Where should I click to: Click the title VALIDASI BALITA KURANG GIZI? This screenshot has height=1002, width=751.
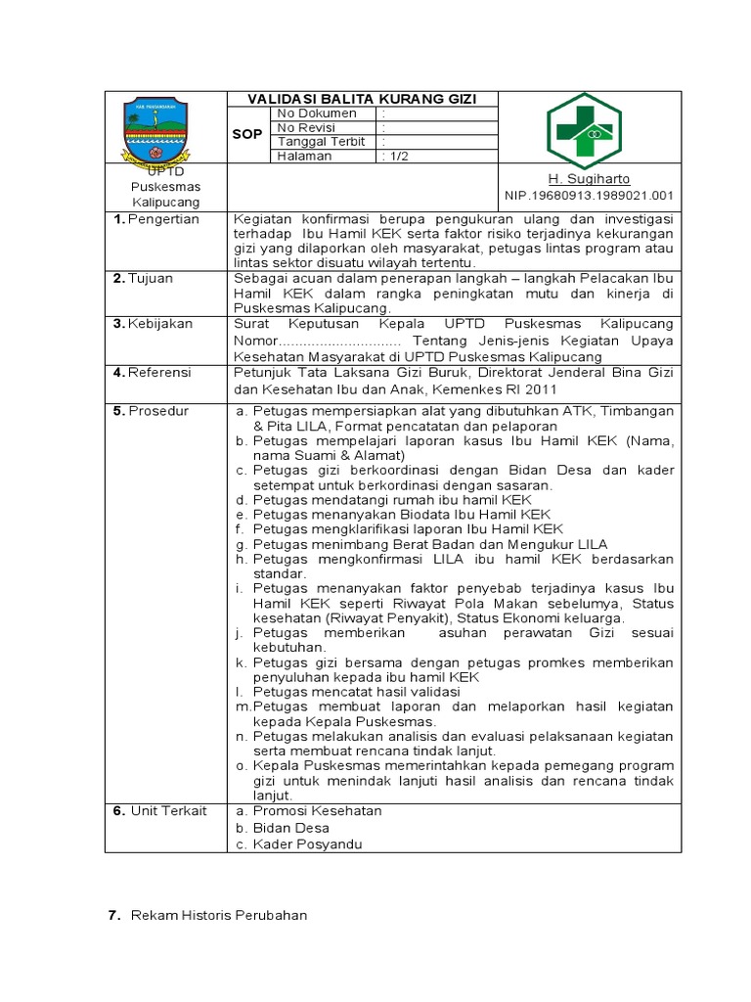coord(363,99)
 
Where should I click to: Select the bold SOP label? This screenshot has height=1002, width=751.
coord(246,134)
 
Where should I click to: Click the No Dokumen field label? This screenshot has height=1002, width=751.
coord(317,114)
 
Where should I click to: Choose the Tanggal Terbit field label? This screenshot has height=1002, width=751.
coord(321,142)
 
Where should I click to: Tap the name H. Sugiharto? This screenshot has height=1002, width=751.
coord(589,179)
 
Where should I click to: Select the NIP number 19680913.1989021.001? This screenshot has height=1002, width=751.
coord(589,197)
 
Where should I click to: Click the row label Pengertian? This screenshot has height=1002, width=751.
coord(163,219)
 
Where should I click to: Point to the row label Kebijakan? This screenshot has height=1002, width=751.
coord(159,324)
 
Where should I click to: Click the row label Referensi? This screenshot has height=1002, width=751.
coord(160,373)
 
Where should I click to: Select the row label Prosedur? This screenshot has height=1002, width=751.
coord(157,411)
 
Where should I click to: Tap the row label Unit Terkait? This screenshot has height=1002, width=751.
coord(164,811)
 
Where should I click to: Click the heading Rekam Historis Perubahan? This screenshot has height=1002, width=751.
coord(218,916)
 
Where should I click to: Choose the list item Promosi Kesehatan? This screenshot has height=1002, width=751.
coord(317,811)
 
